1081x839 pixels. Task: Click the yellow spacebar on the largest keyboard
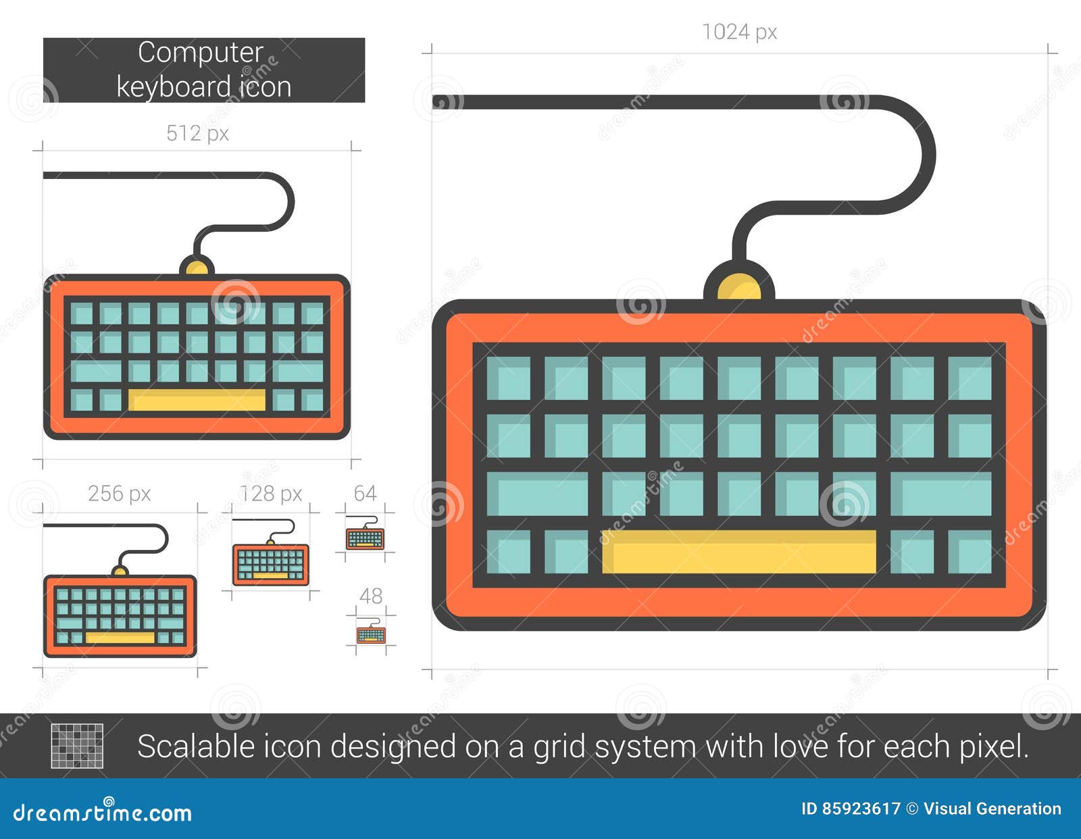tap(738, 552)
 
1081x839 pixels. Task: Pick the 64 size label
tap(365, 493)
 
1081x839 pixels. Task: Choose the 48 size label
tap(370, 596)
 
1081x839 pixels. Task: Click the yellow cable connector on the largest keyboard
tap(739, 287)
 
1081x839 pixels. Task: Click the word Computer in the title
tap(200, 53)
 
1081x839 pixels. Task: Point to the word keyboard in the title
tap(174, 87)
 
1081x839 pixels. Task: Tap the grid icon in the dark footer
tap(77, 746)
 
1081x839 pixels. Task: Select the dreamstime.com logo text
tap(103, 812)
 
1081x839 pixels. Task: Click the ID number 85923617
tap(861, 809)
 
